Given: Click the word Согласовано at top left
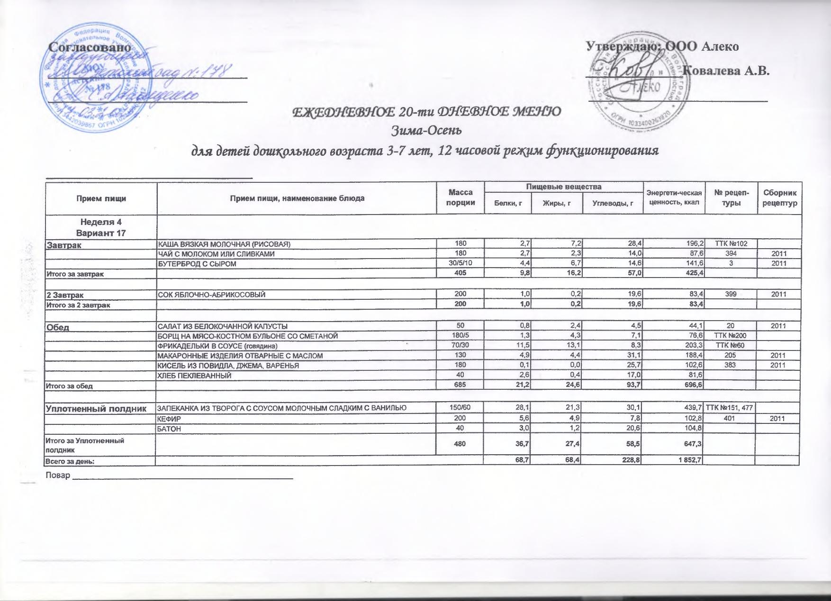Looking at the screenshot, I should click(90, 47).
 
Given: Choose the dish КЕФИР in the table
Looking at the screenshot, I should click(170, 419).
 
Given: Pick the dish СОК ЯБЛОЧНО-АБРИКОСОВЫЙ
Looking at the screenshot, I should click(211, 295).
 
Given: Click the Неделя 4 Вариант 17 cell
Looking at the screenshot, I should click(101, 227).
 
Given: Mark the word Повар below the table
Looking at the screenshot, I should click(57, 475).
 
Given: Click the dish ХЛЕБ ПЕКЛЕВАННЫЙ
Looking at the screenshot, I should click(194, 376).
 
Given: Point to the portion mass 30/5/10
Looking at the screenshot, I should click(460, 264).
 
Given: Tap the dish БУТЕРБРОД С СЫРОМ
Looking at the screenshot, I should click(197, 264).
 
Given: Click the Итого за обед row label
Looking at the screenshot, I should click(69, 386).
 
